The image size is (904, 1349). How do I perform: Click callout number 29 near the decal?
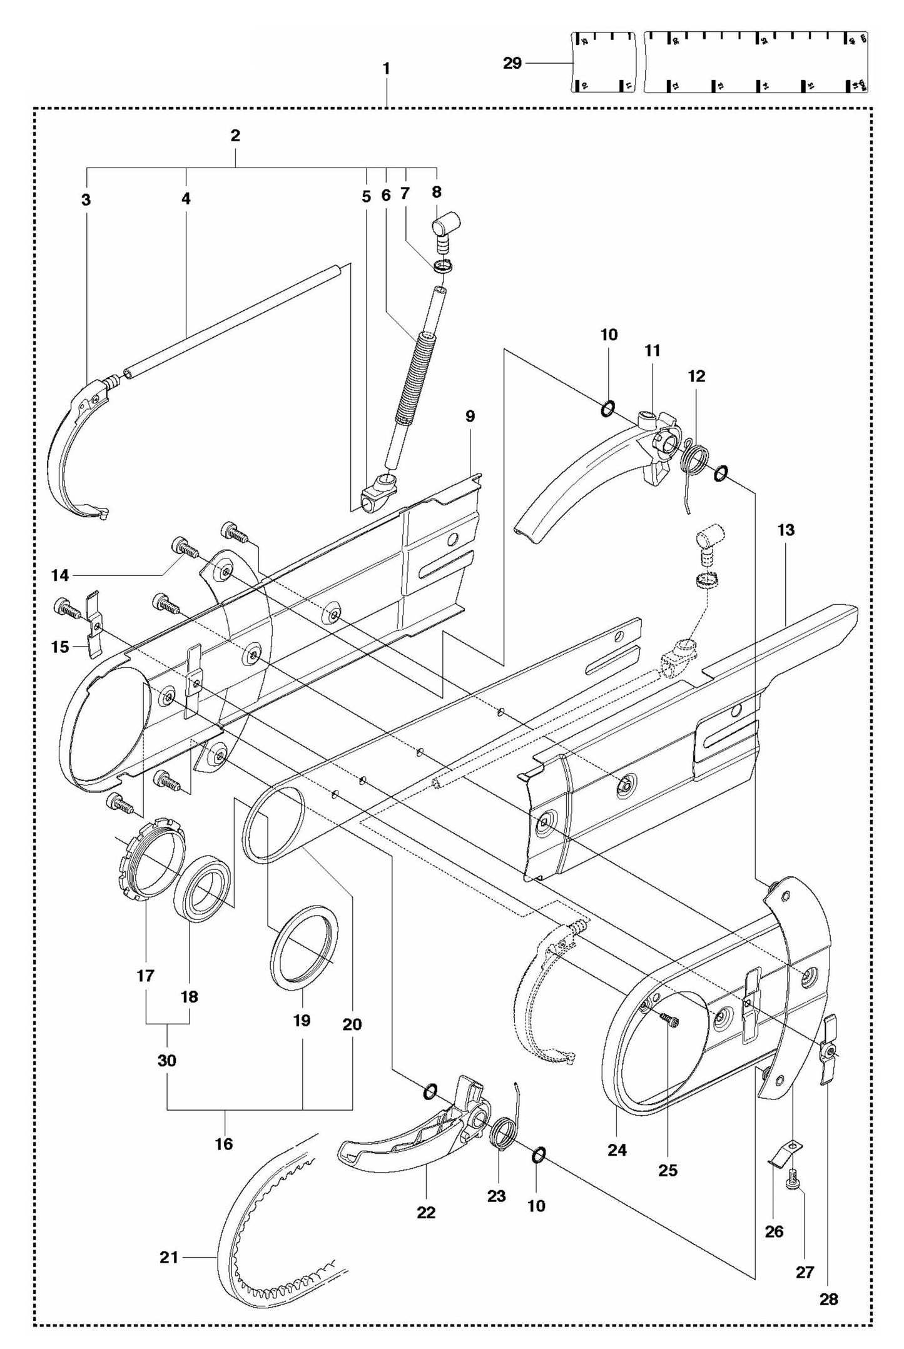tap(512, 63)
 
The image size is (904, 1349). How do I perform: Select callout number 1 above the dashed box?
tap(386, 68)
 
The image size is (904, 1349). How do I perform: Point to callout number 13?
tap(786, 530)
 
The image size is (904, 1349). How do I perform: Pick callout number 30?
tap(167, 1061)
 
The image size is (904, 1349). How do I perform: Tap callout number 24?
tap(617, 1149)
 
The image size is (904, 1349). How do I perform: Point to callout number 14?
tap(60, 574)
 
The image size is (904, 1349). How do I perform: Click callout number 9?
tap(470, 416)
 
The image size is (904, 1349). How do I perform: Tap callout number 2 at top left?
tap(235, 135)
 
